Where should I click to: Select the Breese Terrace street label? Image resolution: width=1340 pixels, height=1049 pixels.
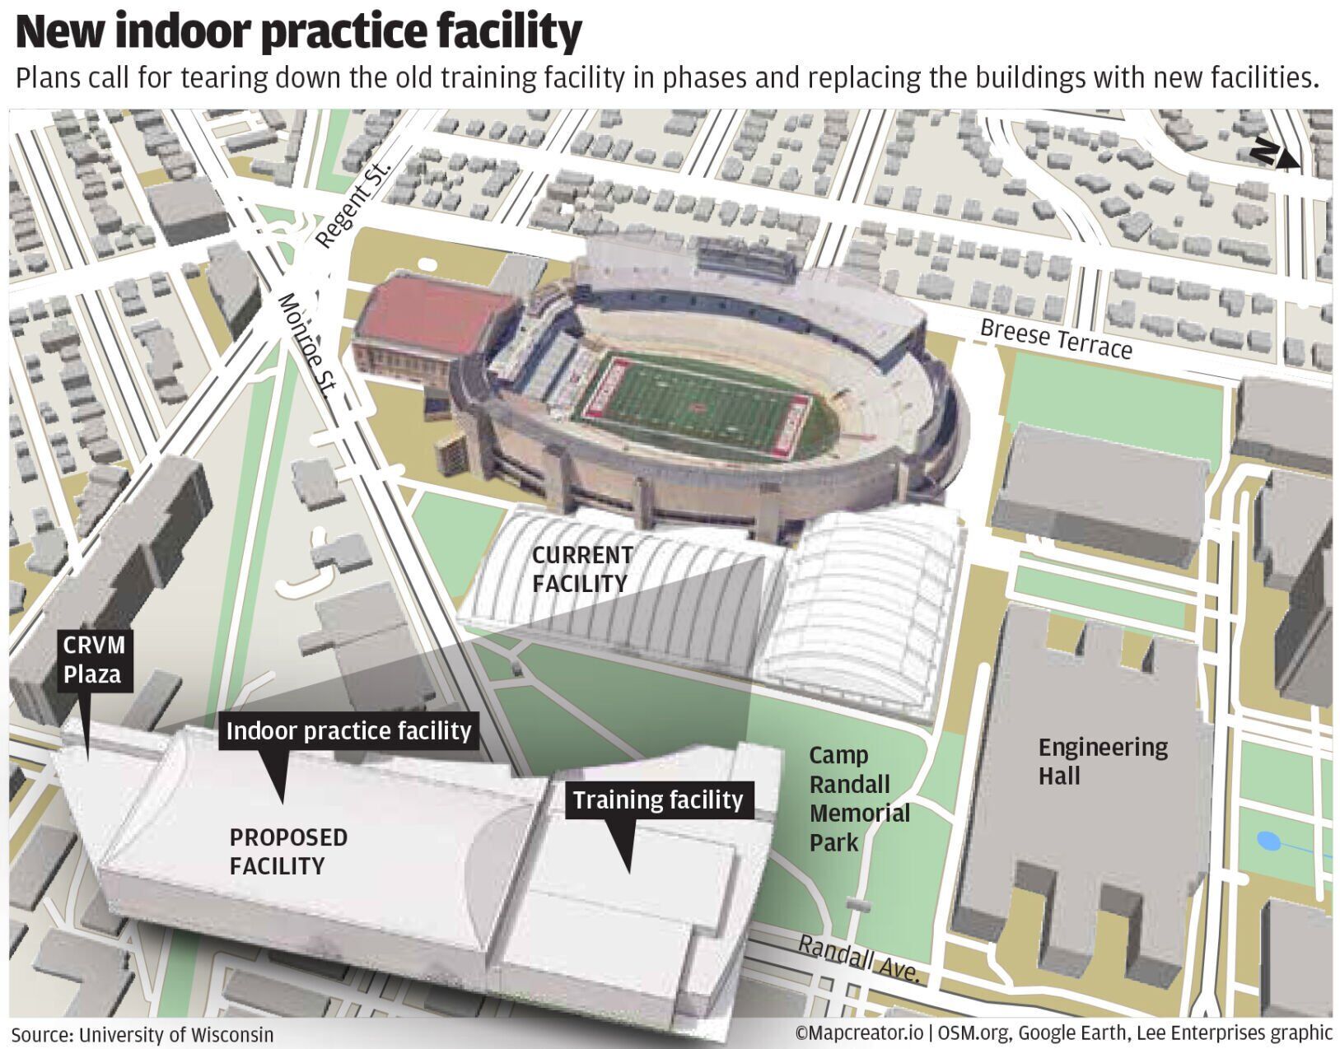pos(1056,339)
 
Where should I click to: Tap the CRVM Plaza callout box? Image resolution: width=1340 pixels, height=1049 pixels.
pos(92,660)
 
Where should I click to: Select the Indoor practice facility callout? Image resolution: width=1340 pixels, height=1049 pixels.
pos(348,731)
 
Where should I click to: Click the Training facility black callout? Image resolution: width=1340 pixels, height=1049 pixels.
pos(658,800)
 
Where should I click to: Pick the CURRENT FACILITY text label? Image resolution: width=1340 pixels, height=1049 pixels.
pos(582,569)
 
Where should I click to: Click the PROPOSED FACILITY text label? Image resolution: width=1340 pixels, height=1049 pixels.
pos(288,851)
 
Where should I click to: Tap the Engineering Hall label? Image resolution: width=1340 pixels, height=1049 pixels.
pos(1102,761)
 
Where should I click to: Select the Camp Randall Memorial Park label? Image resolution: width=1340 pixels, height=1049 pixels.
pos(859,799)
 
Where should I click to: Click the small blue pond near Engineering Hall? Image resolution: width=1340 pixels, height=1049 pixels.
pos(1268,842)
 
